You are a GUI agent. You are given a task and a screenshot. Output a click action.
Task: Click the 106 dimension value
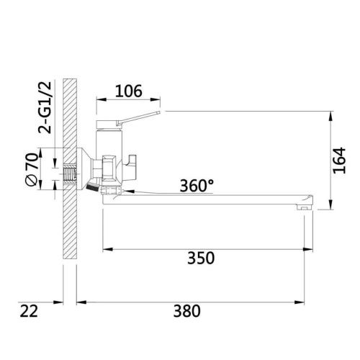pos(129,91)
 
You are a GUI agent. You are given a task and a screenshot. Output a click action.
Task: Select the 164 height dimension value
pos(339,161)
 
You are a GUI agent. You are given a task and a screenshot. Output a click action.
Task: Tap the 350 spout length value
pos(201,258)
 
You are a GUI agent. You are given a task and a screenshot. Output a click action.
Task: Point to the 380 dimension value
pos(186,311)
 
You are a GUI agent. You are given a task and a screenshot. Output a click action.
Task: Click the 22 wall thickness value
pos(29,311)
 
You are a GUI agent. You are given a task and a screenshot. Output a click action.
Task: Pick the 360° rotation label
pos(197,186)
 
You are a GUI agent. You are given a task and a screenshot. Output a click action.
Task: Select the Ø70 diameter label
pos(32,169)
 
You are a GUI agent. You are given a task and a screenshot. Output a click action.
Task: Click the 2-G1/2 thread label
pos(45,107)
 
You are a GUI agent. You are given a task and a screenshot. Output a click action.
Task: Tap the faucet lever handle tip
pos(158,112)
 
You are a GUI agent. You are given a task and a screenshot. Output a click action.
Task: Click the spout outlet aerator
pos(304,207)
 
